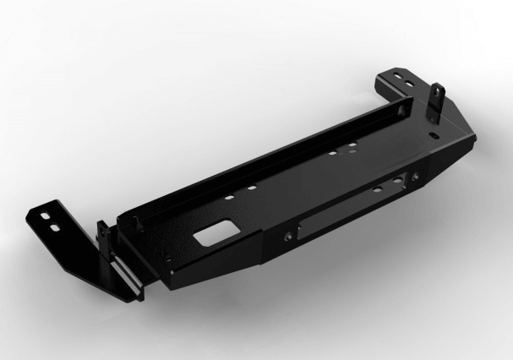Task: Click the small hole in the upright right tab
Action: (438, 94)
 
